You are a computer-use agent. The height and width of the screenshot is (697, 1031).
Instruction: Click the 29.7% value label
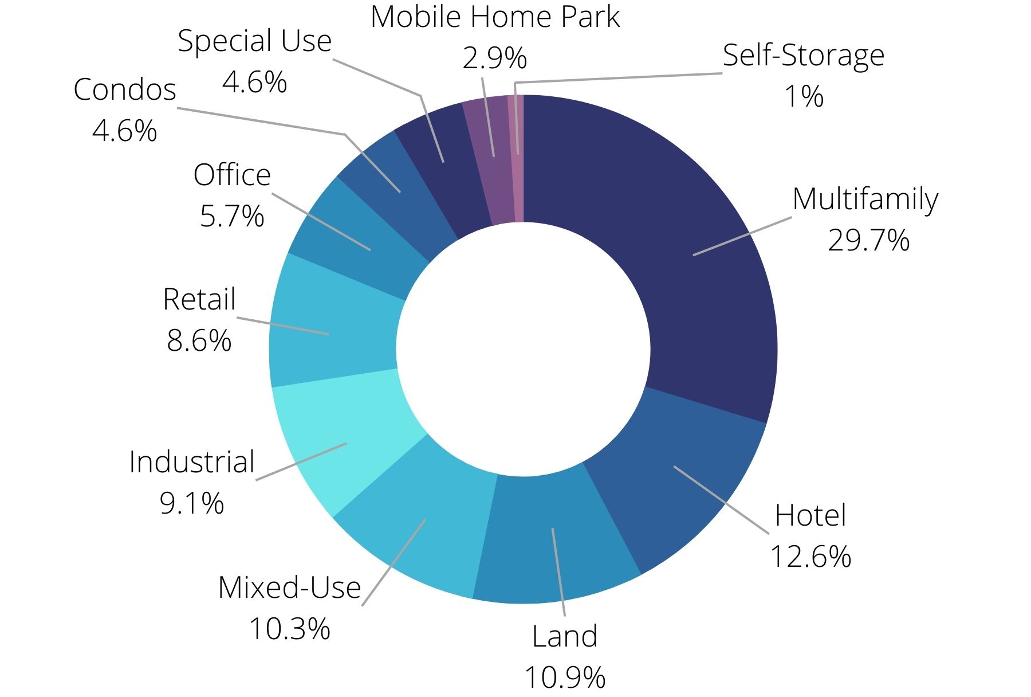click(868, 240)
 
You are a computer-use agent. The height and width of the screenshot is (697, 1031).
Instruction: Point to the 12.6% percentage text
click(810, 556)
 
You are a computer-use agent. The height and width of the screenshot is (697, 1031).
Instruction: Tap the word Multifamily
click(865, 199)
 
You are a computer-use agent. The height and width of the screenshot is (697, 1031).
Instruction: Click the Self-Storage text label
click(803, 56)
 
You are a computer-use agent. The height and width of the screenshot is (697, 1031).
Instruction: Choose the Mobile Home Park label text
click(495, 17)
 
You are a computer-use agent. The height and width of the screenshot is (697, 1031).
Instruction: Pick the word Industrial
click(192, 462)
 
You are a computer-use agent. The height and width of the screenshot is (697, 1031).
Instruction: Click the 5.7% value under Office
click(232, 216)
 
